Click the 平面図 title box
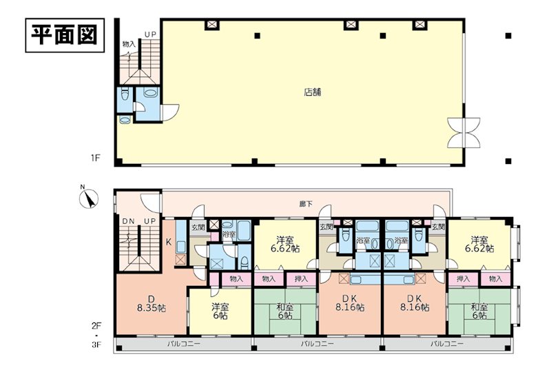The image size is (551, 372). click(x=65, y=35)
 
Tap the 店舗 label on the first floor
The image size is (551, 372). click(x=313, y=92)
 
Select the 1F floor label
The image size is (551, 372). click(x=96, y=158)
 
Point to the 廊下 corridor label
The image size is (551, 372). click(x=306, y=204)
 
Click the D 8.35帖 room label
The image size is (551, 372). click(x=151, y=304)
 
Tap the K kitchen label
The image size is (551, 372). click(x=169, y=242)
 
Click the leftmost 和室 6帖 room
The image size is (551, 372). click(x=285, y=311)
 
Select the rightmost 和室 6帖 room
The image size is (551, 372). click(x=479, y=311)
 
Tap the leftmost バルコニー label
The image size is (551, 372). click(x=183, y=343)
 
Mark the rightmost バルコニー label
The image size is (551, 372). click(x=447, y=343)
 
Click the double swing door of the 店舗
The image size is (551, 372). click(x=464, y=132)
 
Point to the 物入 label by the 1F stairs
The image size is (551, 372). click(x=129, y=44)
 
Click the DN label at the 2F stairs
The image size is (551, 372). click(x=129, y=221)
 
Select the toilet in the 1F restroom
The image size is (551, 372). click(x=125, y=94)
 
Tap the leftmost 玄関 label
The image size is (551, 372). click(x=198, y=227)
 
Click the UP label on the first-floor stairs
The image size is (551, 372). click(x=150, y=34)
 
